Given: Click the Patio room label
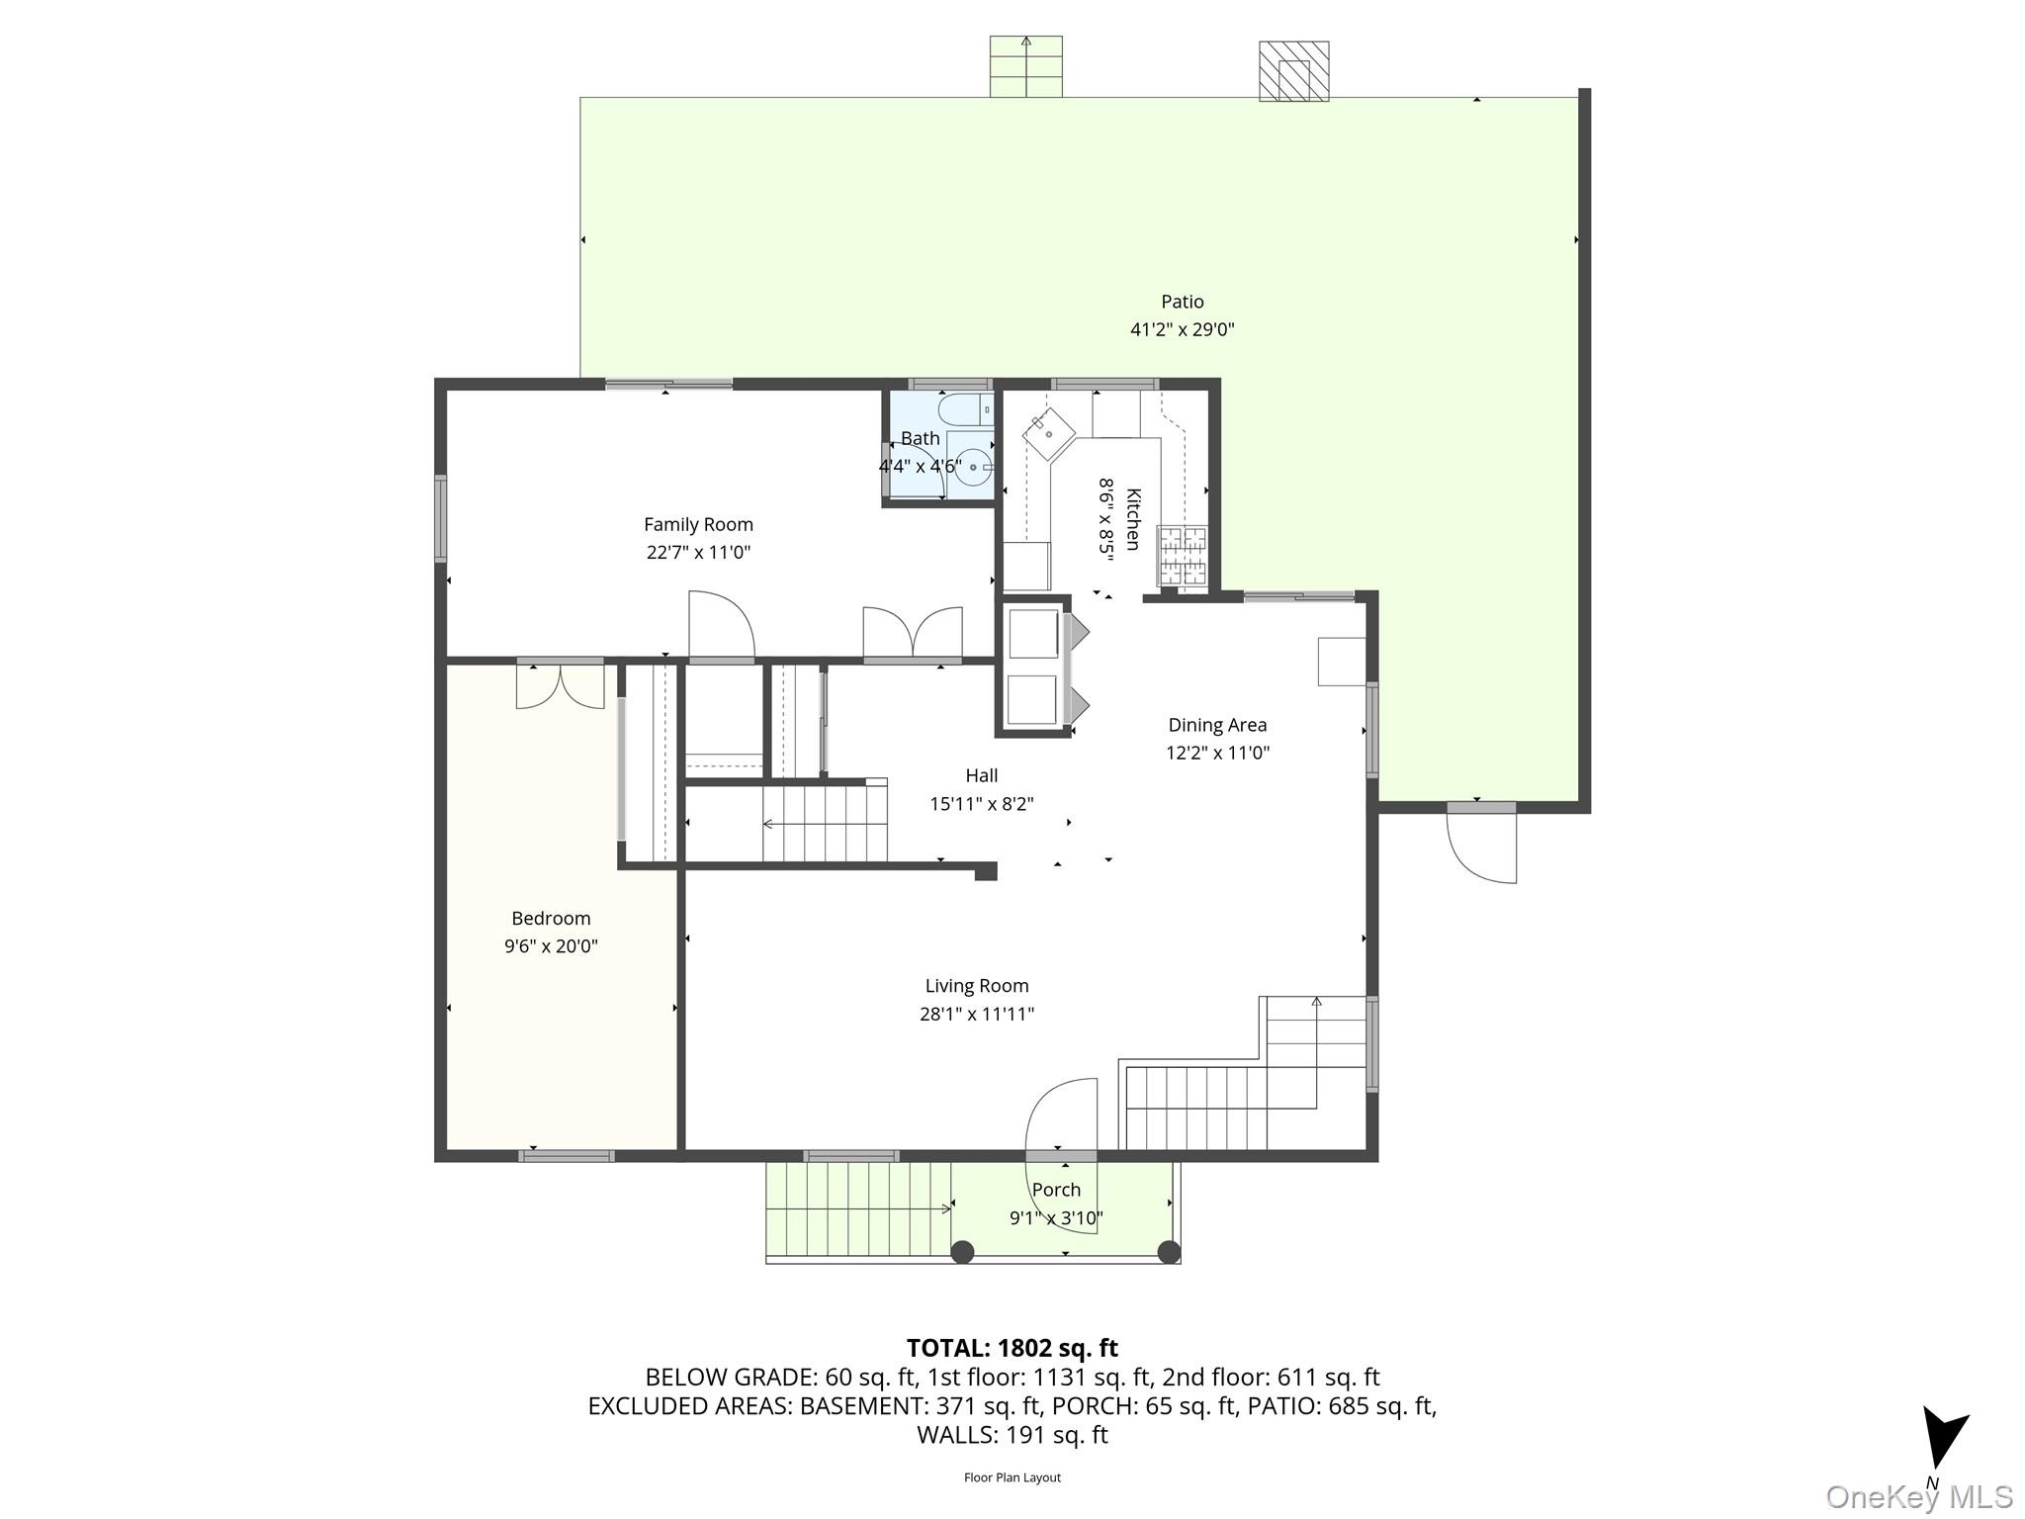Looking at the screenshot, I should [x=1182, y=302].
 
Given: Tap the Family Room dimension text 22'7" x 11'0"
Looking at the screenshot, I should [x=698, y=552].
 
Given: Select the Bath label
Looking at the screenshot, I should [x=920, y=438].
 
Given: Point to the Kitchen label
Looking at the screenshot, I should [x=1133, y=519].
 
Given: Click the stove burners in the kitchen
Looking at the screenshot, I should [x=1183, y=554].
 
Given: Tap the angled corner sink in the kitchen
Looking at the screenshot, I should [x=1048, y=433].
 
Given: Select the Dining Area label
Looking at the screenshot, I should [x=1217, y=725].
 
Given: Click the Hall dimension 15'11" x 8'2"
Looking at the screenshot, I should [x=981, y=804].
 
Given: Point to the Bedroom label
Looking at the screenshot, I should [x=551, y=919].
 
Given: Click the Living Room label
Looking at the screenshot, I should [x=976, y=986].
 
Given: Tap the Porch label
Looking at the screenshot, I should [x=1056, y=1190].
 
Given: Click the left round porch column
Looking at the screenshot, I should [x=962, y=1252].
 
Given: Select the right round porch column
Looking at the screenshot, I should [x=1169, y=1252].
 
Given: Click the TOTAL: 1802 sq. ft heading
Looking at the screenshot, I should [x=1012, y=1348].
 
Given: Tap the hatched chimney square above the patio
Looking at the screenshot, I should [x=1293, y=71].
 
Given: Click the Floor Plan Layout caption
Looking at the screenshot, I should [x=1012, y=1477].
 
